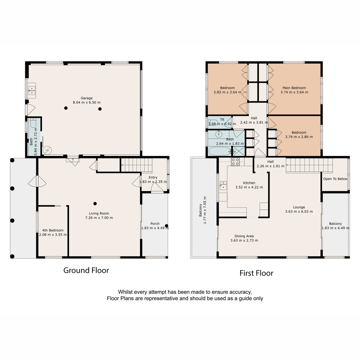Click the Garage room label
[86, 98]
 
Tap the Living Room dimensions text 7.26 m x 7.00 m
[99, 217]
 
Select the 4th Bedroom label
[53, 230]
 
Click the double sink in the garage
[32, 91]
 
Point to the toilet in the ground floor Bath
[33, 123]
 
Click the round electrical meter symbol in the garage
[47, 150]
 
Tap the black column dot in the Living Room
[95, 203]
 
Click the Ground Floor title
[86, 270]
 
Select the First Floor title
[256, 273]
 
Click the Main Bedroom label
[294, 88]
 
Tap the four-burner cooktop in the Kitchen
[235, 162]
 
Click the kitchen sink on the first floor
[223, 185]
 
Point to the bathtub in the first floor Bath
[220, 151]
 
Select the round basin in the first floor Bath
[218, 134]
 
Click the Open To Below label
[335, 179]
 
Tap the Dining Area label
[244, 236]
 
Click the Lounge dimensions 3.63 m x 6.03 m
[299, 211]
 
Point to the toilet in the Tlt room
[213, 122]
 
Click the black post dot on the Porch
[166, 226]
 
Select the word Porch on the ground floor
[155, 223]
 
